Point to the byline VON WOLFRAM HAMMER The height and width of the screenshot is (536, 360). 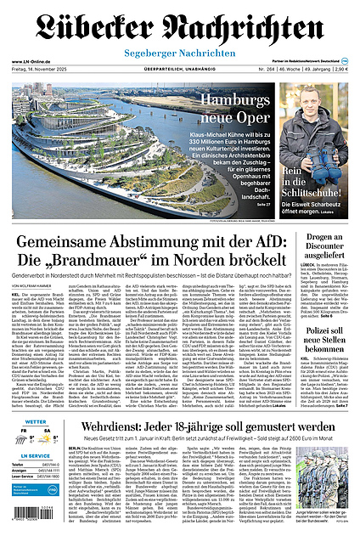click(34, 286)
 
